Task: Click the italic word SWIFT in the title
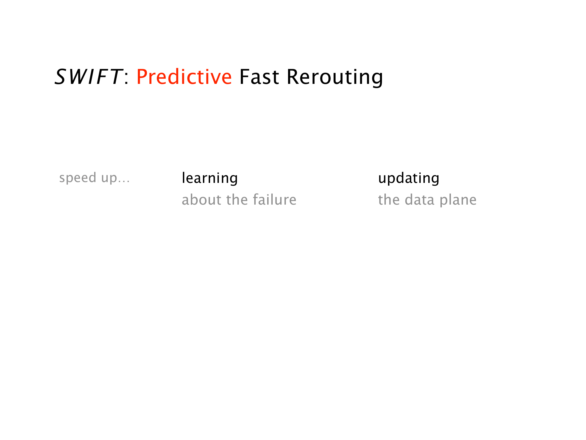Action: [x=88, y=77]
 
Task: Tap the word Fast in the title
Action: [x=259, y=77]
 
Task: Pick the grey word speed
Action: [x=78, y=178]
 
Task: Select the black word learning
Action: [x=210, y=178]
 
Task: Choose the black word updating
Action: [x=409, y=178]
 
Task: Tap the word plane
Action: [x=458, y=200]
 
